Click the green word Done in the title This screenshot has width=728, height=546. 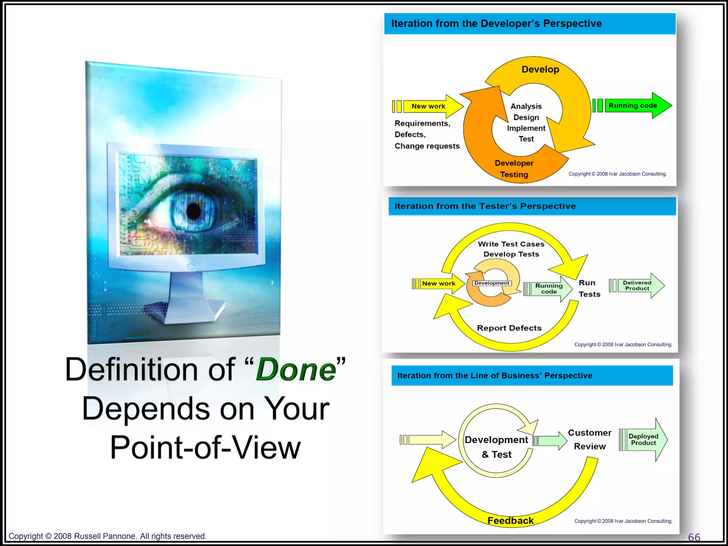click(296, 370)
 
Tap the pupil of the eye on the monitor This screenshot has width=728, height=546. click(194, 211)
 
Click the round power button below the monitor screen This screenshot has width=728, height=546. click(191, 267)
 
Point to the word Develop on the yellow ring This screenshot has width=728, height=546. click(540, 69)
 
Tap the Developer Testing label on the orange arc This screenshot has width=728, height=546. click(514, 168)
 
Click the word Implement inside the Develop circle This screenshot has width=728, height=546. click(526, 128)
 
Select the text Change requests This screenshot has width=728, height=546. click(427, 146)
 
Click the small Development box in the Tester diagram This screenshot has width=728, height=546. click(492, 283)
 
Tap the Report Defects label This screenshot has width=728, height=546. click(509, 328)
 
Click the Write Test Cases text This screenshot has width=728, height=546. click(511, 244)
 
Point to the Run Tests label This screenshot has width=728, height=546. click(589, 288)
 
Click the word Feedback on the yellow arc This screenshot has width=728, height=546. click(510, 520)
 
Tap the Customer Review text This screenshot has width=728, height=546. click(589, 439)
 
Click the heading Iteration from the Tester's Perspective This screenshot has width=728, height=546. click(485, 206)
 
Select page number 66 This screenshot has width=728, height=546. click(694, 537)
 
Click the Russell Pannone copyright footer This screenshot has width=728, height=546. click(107, 536)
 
